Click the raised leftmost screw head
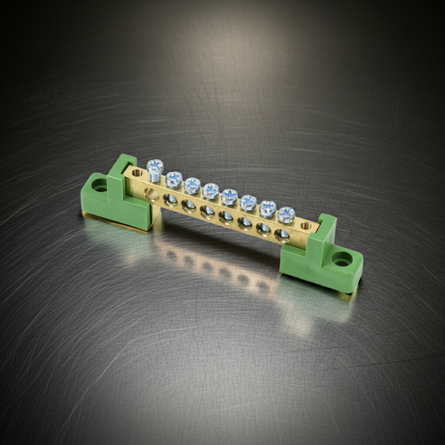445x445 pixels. click(154, 166)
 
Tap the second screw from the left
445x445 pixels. click(174, 179)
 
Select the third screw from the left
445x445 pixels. click(192, 185)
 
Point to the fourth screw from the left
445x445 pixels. click(210, 190)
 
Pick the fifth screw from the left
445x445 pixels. click(229, 196)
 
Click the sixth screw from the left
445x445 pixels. click(248, 202)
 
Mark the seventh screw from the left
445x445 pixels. click(267, 208)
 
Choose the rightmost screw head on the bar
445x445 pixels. click(286, 214)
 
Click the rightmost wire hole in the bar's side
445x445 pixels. click(283, 235)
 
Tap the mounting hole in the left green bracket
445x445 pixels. click(100, 185)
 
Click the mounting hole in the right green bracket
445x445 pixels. click(342, 259)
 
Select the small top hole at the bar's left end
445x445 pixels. click(138, 172)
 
